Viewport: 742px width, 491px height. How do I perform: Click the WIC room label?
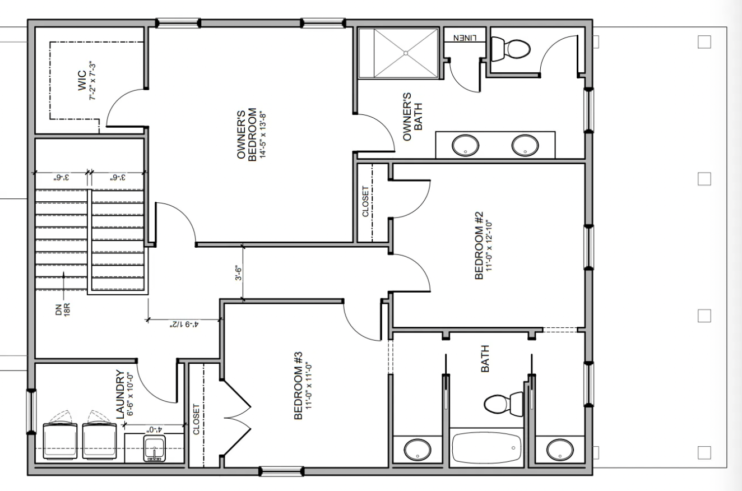[82, 81]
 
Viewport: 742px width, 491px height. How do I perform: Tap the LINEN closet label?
[465, 38]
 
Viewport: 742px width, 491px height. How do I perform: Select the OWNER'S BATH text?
[412, 117]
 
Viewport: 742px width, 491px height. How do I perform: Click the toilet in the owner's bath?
[510, 49]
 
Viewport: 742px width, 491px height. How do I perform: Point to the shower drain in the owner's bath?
[406, 53]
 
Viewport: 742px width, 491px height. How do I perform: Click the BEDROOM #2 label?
[479, 245]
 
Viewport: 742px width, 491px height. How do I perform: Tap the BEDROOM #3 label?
[298, 386]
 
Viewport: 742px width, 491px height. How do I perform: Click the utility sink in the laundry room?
[154, 448]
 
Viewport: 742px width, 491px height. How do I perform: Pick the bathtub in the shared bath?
[486, 448]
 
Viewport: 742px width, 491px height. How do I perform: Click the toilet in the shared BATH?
[503, 404]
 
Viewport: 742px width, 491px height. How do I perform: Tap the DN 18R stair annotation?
[63, 310]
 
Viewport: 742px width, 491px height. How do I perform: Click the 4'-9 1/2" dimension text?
[184, 325]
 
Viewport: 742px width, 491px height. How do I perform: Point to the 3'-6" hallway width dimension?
[239, 272]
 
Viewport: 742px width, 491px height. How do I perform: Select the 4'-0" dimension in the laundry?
[154, 430]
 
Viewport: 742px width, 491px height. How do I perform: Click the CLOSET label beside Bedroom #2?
[365, 201]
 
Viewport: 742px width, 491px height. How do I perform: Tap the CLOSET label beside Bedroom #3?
[196, 419]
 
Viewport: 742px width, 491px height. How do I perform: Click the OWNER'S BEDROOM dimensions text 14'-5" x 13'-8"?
[263, 135]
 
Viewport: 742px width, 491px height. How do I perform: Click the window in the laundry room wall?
[31, 411]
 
